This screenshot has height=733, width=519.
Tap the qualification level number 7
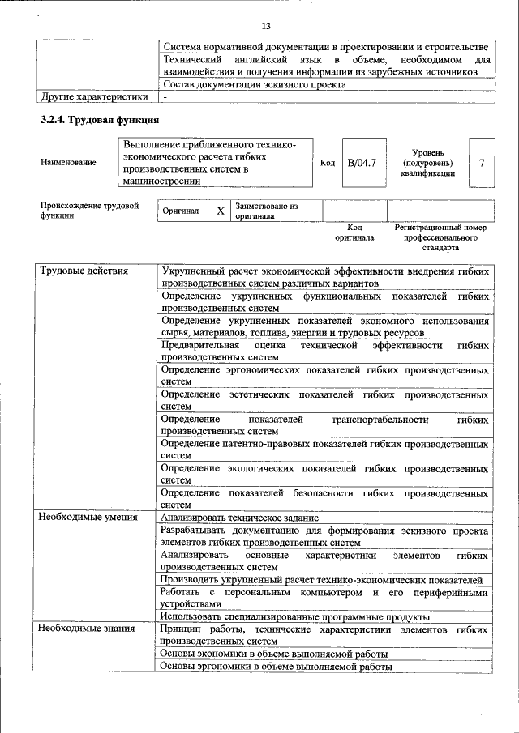[482, 163]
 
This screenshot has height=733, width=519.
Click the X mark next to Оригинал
[220, 211]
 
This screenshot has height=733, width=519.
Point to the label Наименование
[68, 163]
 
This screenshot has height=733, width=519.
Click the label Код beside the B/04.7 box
[328, 163]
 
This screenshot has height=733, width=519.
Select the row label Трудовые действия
[85, 271]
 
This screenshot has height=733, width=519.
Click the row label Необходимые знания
[86, 629]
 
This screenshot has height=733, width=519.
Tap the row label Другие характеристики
[94, 97]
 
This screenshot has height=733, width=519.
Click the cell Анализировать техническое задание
[239, 518]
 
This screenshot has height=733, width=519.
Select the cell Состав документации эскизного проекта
[255, 84]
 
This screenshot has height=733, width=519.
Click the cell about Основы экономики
[274, 654]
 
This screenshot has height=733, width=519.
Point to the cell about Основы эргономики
[276, 667]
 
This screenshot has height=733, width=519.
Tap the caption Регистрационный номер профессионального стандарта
[440, 238]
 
